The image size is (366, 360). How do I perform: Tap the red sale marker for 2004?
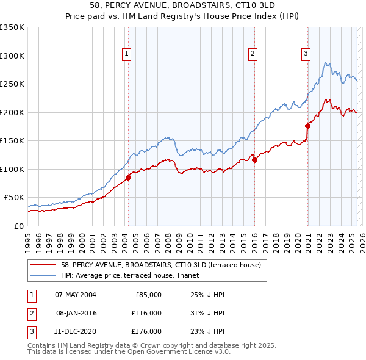point(129,178)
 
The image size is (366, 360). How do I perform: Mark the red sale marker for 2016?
point(254,160)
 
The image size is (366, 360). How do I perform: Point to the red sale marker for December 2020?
point(307,126)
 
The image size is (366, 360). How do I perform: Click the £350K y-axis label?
point(12,27)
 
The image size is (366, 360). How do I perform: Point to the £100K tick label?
point(12,169)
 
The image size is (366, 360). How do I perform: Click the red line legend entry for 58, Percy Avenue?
point(161,265)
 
